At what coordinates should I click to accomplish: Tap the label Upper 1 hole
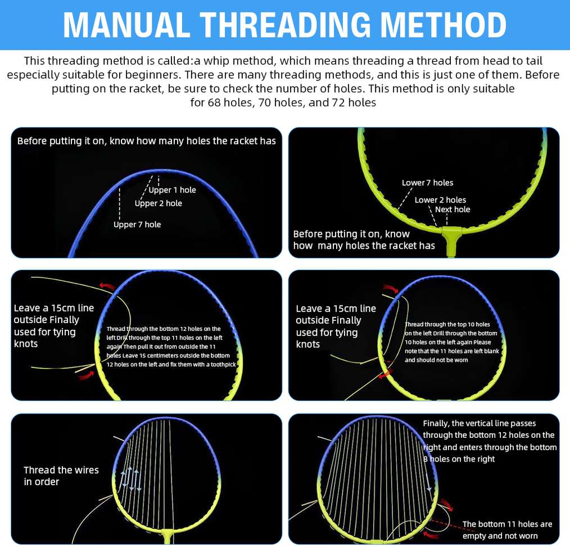point(172,190)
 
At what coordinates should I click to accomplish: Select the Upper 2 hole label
point(158,204)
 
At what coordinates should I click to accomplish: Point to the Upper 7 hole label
point(137,225)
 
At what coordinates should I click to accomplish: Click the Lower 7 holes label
point(427,183)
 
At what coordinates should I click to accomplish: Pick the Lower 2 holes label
point(440,200)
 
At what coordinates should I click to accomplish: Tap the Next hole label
point(453,209)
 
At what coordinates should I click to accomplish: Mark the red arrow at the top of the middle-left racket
point(107,286)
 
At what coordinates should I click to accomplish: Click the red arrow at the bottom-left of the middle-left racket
point(86,375)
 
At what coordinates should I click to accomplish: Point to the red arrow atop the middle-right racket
point(391,289)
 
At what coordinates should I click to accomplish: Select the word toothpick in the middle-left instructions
point(223,364)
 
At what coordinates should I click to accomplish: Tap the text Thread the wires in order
point(61,476)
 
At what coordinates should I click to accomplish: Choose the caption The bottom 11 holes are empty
point(507,530)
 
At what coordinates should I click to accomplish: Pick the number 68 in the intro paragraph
point(214,102)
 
